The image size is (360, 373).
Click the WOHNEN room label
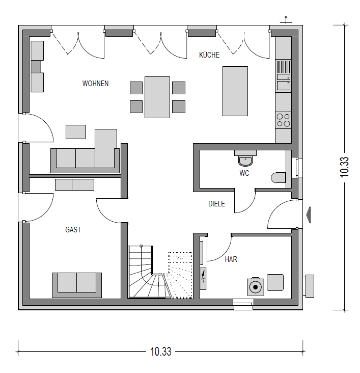click(x=95, y=84)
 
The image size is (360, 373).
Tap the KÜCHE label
click(x=209, y=55)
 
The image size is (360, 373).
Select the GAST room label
click(x=73, y=229)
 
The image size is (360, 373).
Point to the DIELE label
click(x=216, y=204)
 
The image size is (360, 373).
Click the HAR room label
click(x=231, y=259)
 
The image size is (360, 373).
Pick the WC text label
click(x=244, y=173)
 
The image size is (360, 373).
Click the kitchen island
click(x=235, y=91)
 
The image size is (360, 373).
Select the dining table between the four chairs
click(x=157, y=97)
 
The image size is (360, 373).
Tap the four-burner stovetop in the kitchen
click(x=284, y=120)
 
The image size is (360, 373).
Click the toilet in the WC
click(x=279, y=178)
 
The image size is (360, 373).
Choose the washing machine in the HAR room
click(x=256, y=287)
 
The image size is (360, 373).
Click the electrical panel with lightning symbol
click(x=203, y=278)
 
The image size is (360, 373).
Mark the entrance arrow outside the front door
click(x=308, y=215)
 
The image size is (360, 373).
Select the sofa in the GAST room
click(x=77, y=285)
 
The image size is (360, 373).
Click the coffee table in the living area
click(x=75, y=132)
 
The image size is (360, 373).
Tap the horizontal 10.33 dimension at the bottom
click(x=160, y=352)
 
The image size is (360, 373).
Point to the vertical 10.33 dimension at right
click(x=344, y=167)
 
